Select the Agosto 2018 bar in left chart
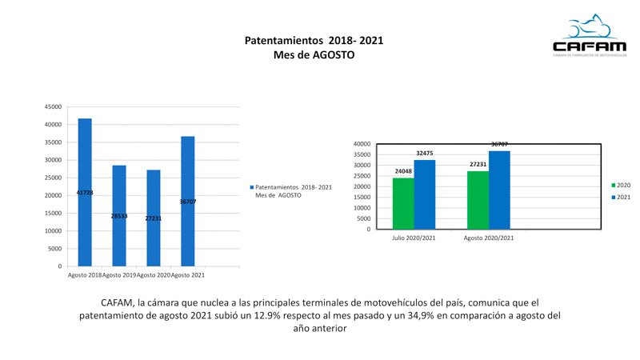click(x=85, y=192)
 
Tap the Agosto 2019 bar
click(x=119, y=215)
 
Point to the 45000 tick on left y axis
click(x=53, y=106)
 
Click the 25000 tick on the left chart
click(x=53, y=178)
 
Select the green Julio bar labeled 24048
click(x=403, y=203)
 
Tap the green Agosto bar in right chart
click(x=478, y=200)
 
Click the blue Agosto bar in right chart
click(x=499, y=190)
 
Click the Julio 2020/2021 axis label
click(x=414, y=238)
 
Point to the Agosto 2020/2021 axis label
click(x=489, y=238)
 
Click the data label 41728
click(x=85, y=193)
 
